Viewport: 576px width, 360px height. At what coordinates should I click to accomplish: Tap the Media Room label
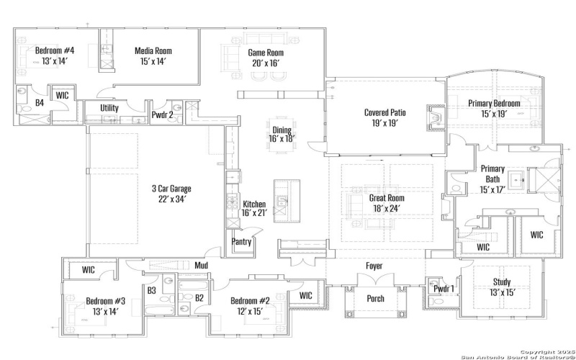click(x=153, y=51)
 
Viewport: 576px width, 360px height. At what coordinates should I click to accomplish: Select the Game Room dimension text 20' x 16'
click(x=266, y=63)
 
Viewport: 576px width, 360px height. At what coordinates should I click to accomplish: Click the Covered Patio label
click(x=385, y=112)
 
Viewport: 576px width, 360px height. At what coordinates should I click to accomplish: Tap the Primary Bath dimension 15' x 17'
click(x=493, y=189)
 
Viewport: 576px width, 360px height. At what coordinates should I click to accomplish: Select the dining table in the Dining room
click(x=282, y=135)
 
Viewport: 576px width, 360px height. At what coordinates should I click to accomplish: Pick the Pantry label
click(x=241, y=242)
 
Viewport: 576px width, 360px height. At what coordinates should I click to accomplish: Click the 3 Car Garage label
click(x=171, y=189)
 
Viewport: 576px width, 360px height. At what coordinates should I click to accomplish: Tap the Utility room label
click(x=109, y=107)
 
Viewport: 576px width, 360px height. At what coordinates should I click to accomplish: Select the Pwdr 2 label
click(x=163, y=114)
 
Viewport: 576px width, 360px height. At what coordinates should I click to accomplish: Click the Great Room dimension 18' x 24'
click(x=387, y=208)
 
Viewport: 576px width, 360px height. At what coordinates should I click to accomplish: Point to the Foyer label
click(x=374, y=266)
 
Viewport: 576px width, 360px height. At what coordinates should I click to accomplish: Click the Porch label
click(x=375, y=298)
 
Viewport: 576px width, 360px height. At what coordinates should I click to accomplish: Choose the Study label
click(x=502, y=282)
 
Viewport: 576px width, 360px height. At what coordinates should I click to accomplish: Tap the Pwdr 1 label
click(x=444, y=288)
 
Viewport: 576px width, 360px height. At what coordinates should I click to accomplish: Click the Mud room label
click(x=202, y=265)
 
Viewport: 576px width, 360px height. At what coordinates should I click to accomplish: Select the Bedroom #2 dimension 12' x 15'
click(x=250, y=311)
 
